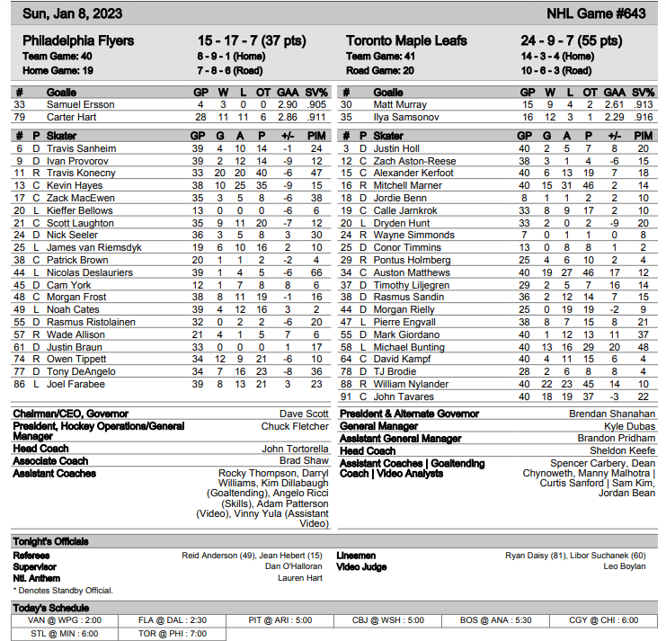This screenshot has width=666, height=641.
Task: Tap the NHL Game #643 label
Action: click(595, 13)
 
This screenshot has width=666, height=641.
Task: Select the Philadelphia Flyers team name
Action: click(78, 40)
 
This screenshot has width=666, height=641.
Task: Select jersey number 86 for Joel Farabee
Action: click(19, 384)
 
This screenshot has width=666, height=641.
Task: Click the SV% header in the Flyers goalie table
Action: click(316, 93)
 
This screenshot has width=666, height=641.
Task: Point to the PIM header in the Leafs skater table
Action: click(643, 136)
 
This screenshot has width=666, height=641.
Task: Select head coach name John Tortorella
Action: click(295, 449)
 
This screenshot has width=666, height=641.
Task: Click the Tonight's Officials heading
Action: click(51, 541)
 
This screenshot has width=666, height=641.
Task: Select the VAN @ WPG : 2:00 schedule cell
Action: click(65, 620)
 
